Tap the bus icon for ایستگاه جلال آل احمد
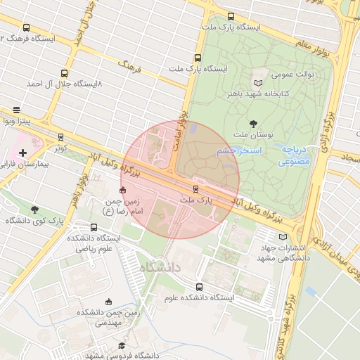coord(65,72)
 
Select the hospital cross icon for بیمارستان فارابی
coord(23,152)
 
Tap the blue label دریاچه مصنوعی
coord(293,155)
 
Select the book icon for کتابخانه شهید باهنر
coord(258,82)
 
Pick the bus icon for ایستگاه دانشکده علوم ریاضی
coord(94,226)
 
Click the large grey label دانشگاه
coord(160,268)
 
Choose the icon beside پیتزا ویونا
coord(16,110)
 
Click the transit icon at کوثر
coord(60,137)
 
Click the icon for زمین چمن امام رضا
coord(122,190)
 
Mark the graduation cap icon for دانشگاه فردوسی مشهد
coord(122,345)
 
